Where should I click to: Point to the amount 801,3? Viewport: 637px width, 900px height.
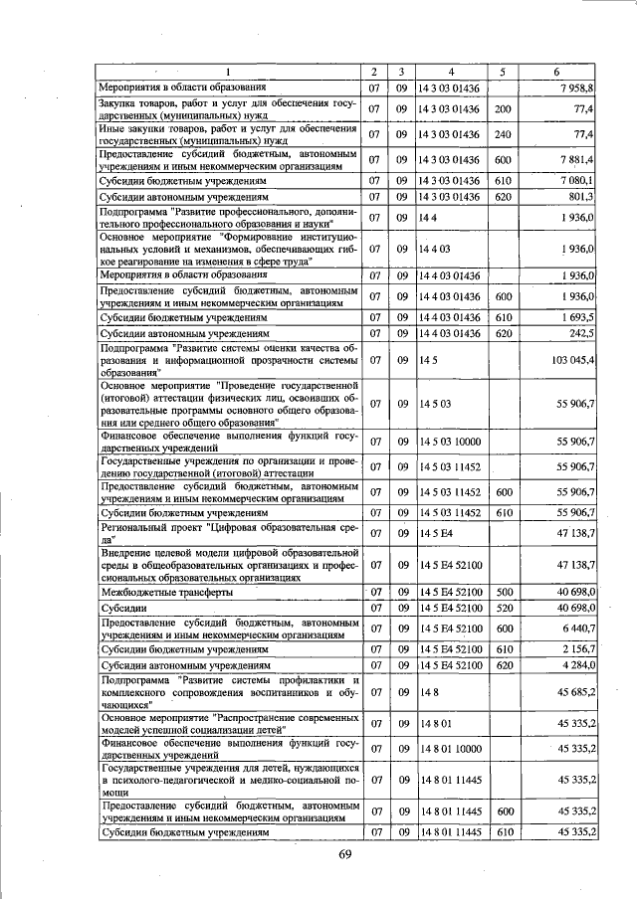[577, 197]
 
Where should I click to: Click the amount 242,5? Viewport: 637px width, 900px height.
[577, 333]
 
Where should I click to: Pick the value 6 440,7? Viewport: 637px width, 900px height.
[574, 630]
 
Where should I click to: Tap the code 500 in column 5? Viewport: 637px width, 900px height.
[503, 591]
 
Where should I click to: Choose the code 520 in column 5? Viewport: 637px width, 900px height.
[503, 608]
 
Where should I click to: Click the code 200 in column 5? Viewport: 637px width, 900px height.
[503, 108]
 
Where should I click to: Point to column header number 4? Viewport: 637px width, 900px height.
[450, 72]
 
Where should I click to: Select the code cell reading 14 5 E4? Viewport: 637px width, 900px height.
[436, 534]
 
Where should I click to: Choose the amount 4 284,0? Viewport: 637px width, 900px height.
[574, 665]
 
